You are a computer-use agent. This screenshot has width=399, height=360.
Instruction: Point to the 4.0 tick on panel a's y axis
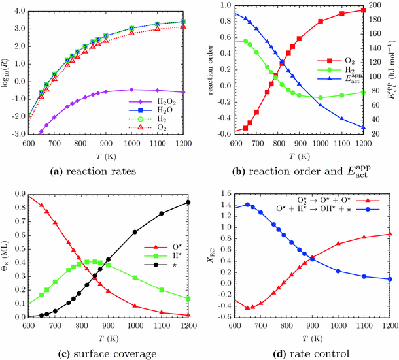pos(18,12)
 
